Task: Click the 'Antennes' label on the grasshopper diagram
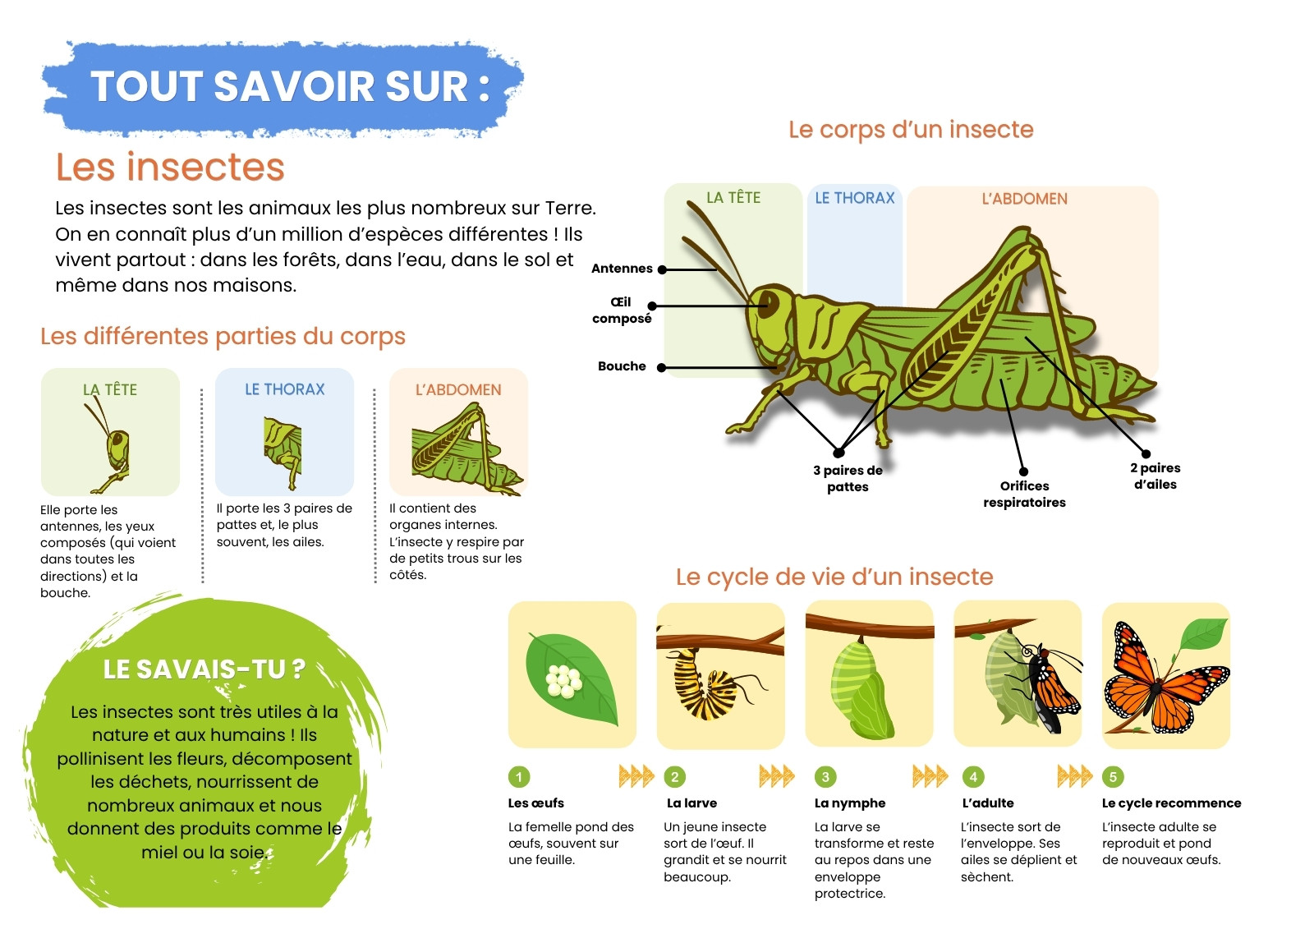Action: tap(622, 269)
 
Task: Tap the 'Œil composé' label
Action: tap(622, 310)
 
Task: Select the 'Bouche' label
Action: tap(622, 366)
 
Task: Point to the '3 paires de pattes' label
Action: tap(848, 478)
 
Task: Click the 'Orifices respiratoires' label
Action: tap(1024, 494)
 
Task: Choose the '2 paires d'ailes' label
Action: tap(1155, 476)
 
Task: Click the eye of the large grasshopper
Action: tap(769, 303)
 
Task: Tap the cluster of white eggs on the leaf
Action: tap(563, 681)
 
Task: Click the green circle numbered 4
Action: tap(973, 777)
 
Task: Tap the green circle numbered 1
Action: tap(518, 777)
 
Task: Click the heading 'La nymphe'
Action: tap(849, 803)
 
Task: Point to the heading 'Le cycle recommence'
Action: tap(1171, 803)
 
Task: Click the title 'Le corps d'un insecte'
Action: tap(911, 130)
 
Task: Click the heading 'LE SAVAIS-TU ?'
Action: tap(204, 669)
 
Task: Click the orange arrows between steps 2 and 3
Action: tap(776, 776)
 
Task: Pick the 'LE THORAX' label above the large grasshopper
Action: tap(855, 198)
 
